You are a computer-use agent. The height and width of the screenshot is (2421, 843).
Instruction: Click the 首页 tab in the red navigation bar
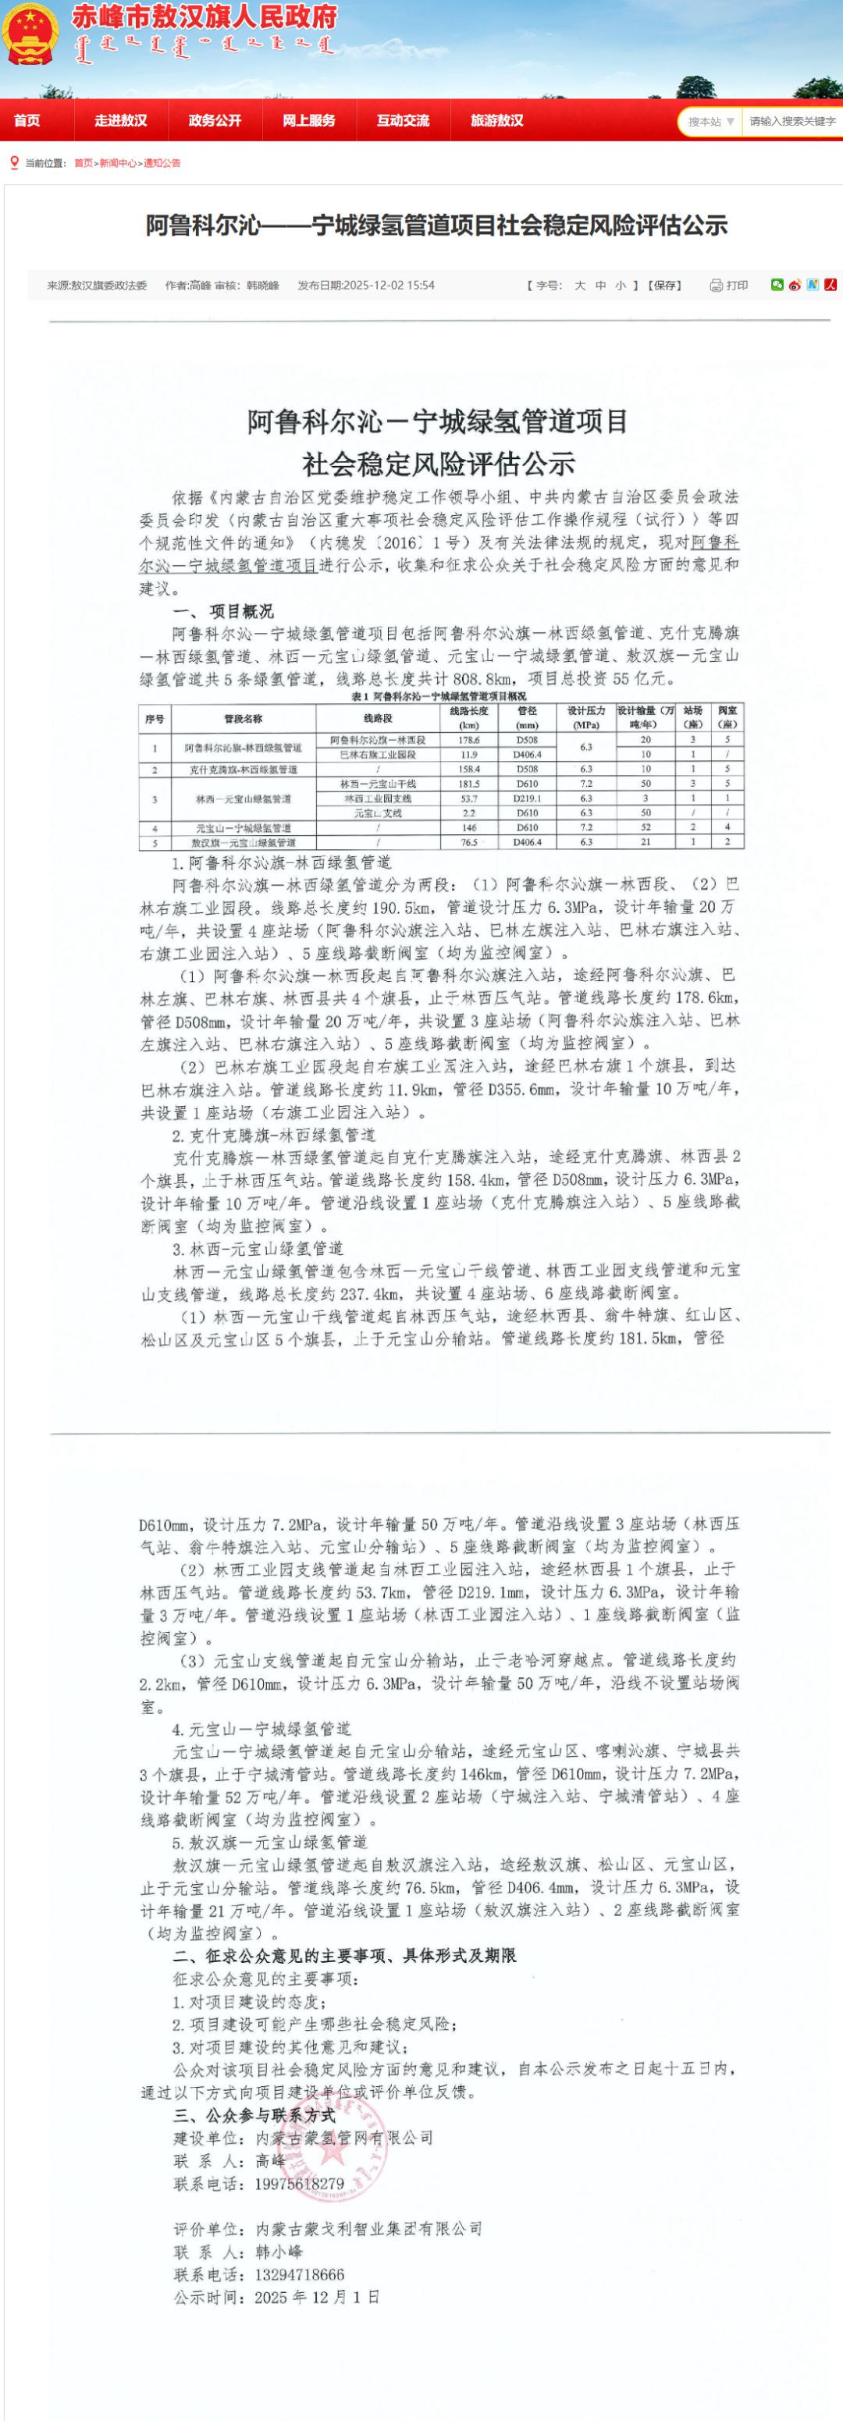tap(27, 121)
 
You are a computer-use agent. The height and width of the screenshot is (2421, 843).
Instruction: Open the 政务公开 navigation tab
tap(215, 121)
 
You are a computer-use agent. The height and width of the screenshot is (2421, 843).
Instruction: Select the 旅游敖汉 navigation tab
tap(496, 121)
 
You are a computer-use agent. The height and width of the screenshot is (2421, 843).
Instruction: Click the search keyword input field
tap(791, 121)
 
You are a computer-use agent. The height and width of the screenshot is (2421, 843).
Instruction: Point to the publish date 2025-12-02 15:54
tap(367, 286)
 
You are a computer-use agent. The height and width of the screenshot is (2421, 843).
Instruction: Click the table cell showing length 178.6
tap(468, 741)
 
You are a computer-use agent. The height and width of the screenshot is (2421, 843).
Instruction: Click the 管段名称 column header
tap(244, 719)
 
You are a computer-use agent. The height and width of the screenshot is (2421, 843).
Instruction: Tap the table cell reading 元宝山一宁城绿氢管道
tap(244, 828)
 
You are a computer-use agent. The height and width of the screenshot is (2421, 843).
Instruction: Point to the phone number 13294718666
tap(299, 2274)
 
